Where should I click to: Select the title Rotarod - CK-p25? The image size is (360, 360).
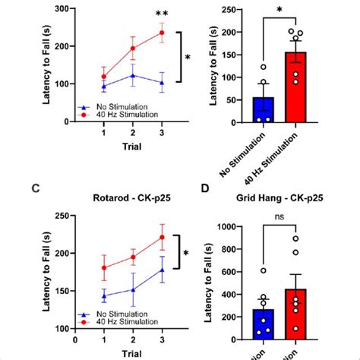click(x=134, y=202)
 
